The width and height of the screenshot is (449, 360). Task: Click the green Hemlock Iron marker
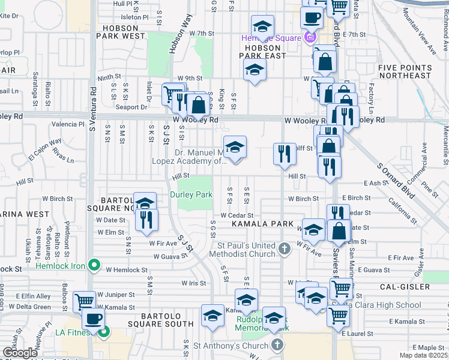[94, 264]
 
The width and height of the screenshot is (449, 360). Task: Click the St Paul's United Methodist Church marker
[287, 247]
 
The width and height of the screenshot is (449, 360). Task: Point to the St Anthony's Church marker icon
[277, 345]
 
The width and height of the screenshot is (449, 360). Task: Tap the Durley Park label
[191, 194]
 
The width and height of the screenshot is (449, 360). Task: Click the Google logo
[20, 353]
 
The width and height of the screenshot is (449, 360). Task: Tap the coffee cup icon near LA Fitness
[92, 319]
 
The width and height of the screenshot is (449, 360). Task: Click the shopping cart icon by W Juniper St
[84, 301]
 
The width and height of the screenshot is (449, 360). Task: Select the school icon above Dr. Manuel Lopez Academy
[235, 146]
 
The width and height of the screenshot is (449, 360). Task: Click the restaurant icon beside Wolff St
[285, 153]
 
